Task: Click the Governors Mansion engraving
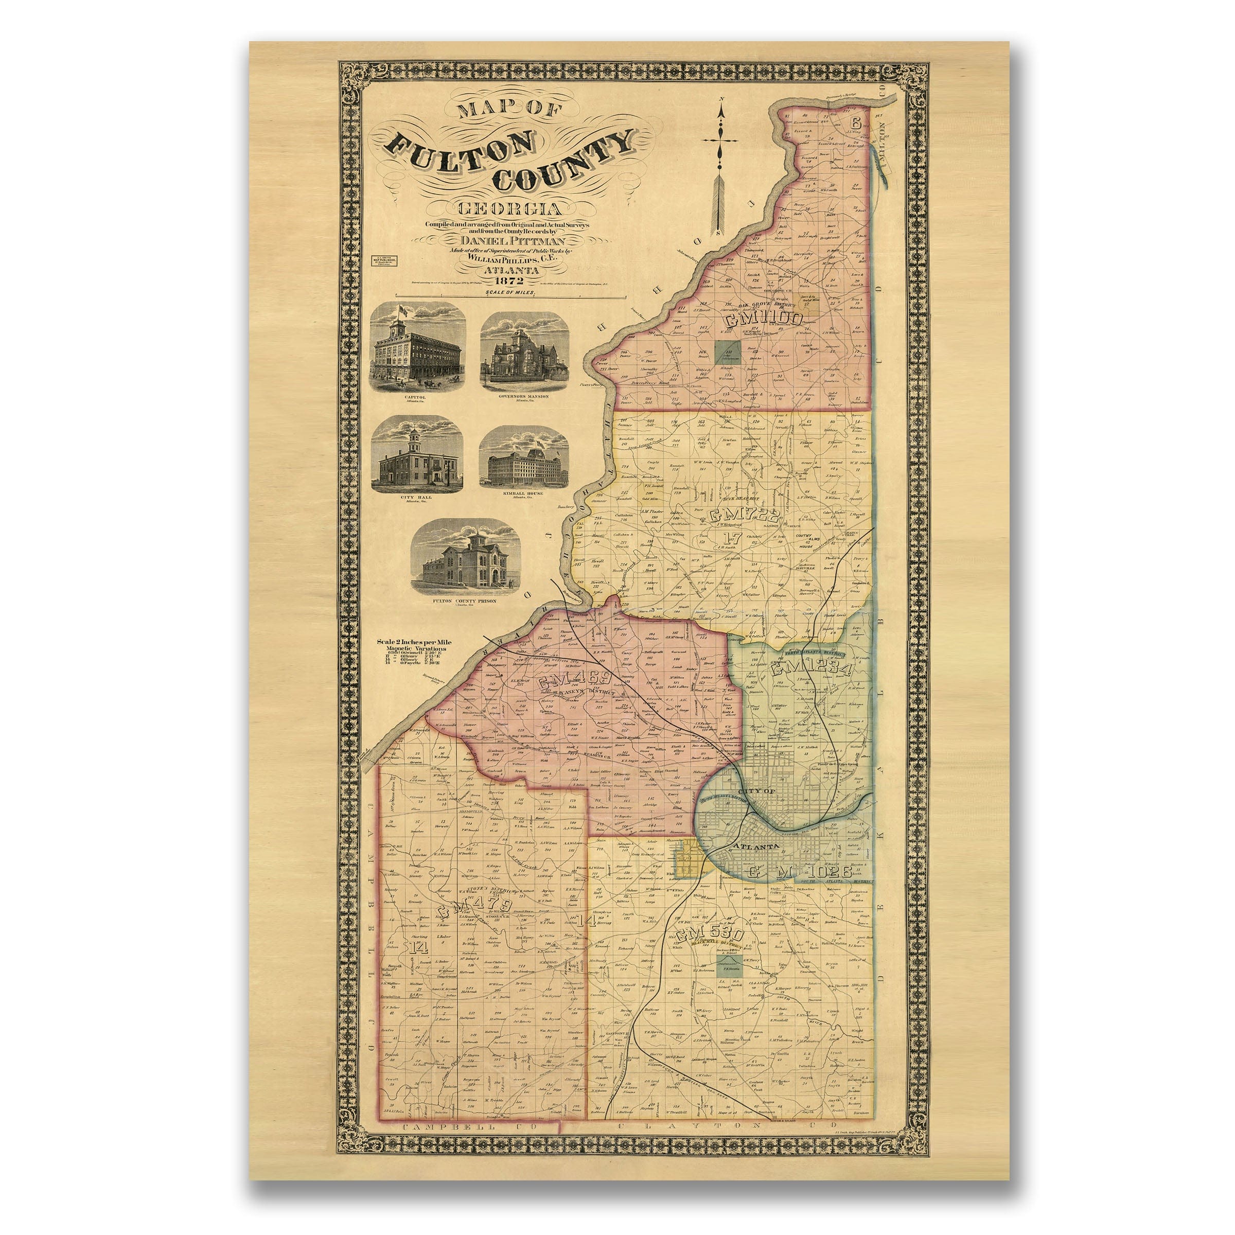point(524,351)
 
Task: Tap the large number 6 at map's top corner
point(856,122)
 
